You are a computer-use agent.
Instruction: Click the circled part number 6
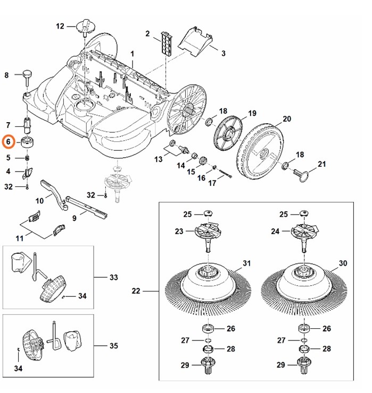click(x=8, y=142)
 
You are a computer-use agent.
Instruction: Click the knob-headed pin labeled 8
click(x=26, y=77)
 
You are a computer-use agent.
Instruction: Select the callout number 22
click(x=136, y=291)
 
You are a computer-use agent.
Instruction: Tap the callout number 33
click(x=113, y=277)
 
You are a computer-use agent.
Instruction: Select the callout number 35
click(x=113, y=346)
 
